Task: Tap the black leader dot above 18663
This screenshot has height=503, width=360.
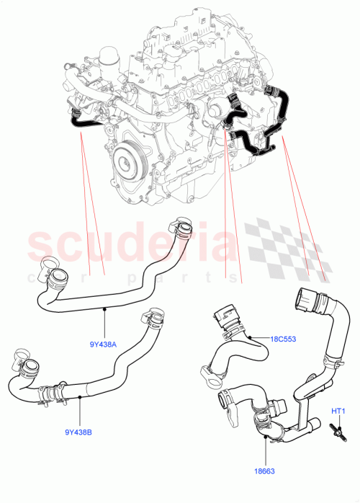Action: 266,436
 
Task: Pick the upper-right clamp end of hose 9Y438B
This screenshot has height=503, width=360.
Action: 154,318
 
